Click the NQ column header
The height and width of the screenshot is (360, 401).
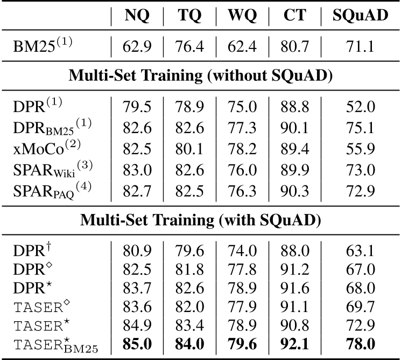tap(137, 16)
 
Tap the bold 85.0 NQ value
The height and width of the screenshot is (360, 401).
tap(137, 343)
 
